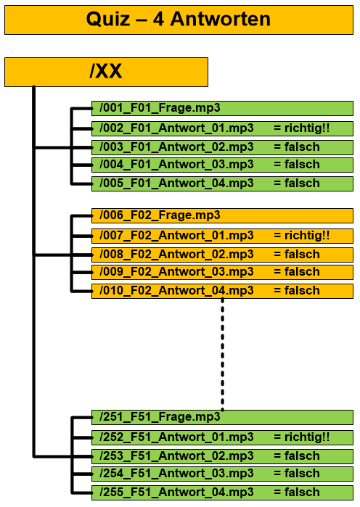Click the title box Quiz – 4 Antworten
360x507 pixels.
tap(179, 20)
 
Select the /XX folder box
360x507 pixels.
tap(106, 72)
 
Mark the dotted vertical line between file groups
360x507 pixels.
tap(223, 355)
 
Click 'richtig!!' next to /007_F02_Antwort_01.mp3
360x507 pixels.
tap(307, 236)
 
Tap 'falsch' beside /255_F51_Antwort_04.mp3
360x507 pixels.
tap(302, 492)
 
